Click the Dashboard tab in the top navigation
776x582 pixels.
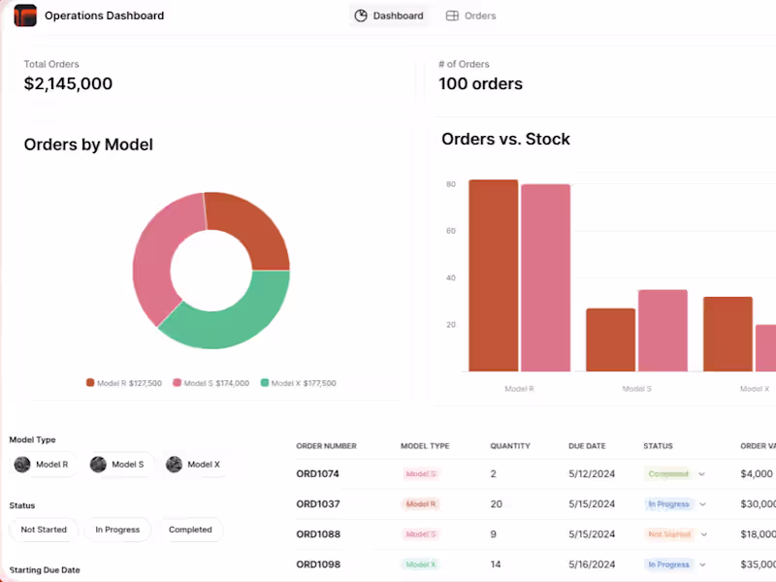(x=389, y=16)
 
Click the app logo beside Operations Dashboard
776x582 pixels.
(x=25, y=16)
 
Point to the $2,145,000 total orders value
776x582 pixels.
(x=68, y=83)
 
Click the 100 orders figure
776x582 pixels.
(x=480, y=83)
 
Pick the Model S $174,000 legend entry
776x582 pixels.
(x=210, y=383)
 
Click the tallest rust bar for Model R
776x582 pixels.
(x=493, y=275)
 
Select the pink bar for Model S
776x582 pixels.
(x=663, y=330)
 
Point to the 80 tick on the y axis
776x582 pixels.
(x=451, y=184)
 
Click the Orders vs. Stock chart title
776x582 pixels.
(x=505, y=139)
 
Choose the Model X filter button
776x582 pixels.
(x=193, y=465)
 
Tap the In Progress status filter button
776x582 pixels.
(x=117, y=530)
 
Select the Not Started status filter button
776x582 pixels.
(x=44, y=530)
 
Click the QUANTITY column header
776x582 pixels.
(x=510, y=446)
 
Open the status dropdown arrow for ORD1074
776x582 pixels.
(x=701, y=474)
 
